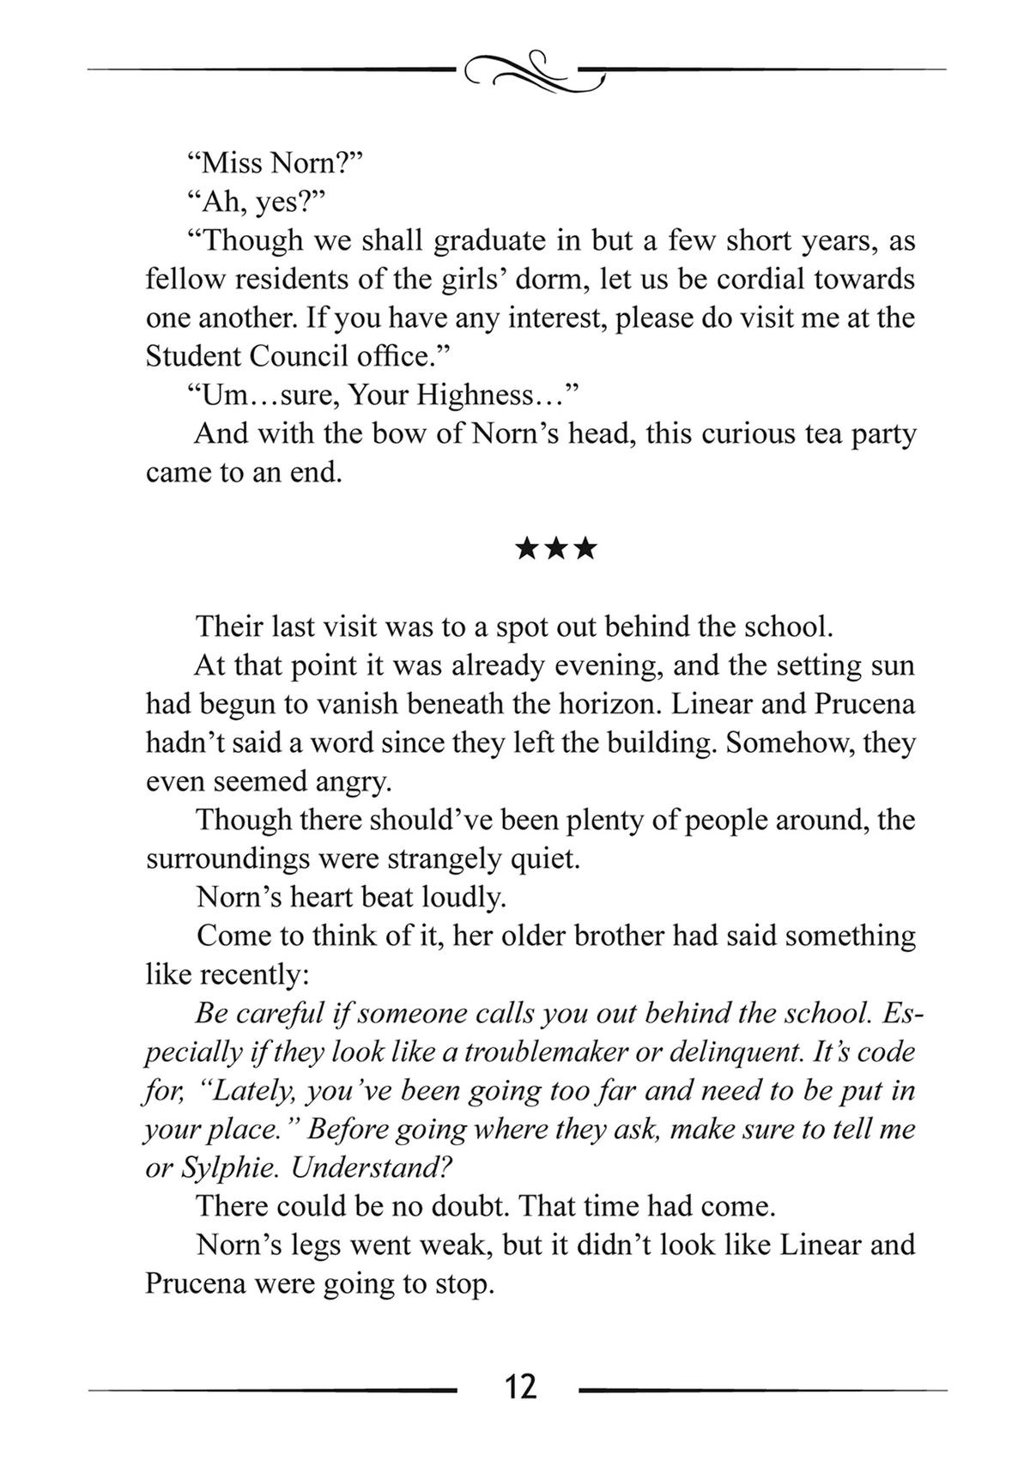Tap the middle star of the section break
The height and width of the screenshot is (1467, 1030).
[556, 549]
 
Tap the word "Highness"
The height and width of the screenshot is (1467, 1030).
[481, 396]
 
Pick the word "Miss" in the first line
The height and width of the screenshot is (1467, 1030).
[226, 162]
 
